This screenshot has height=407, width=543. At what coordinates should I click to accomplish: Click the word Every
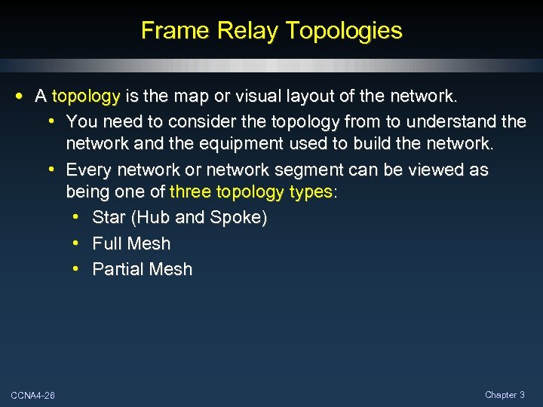pos(89,170)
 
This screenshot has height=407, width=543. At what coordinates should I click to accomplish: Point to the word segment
pos(315,170)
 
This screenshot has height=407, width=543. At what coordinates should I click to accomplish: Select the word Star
pos(109,218)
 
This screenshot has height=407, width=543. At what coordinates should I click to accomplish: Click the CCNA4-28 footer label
pos(32,396)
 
